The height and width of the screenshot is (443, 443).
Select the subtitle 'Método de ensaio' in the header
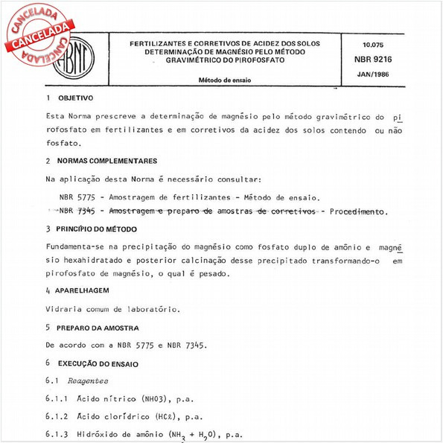coord(224,77)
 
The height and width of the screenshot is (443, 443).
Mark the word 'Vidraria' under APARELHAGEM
coord(65,308)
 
